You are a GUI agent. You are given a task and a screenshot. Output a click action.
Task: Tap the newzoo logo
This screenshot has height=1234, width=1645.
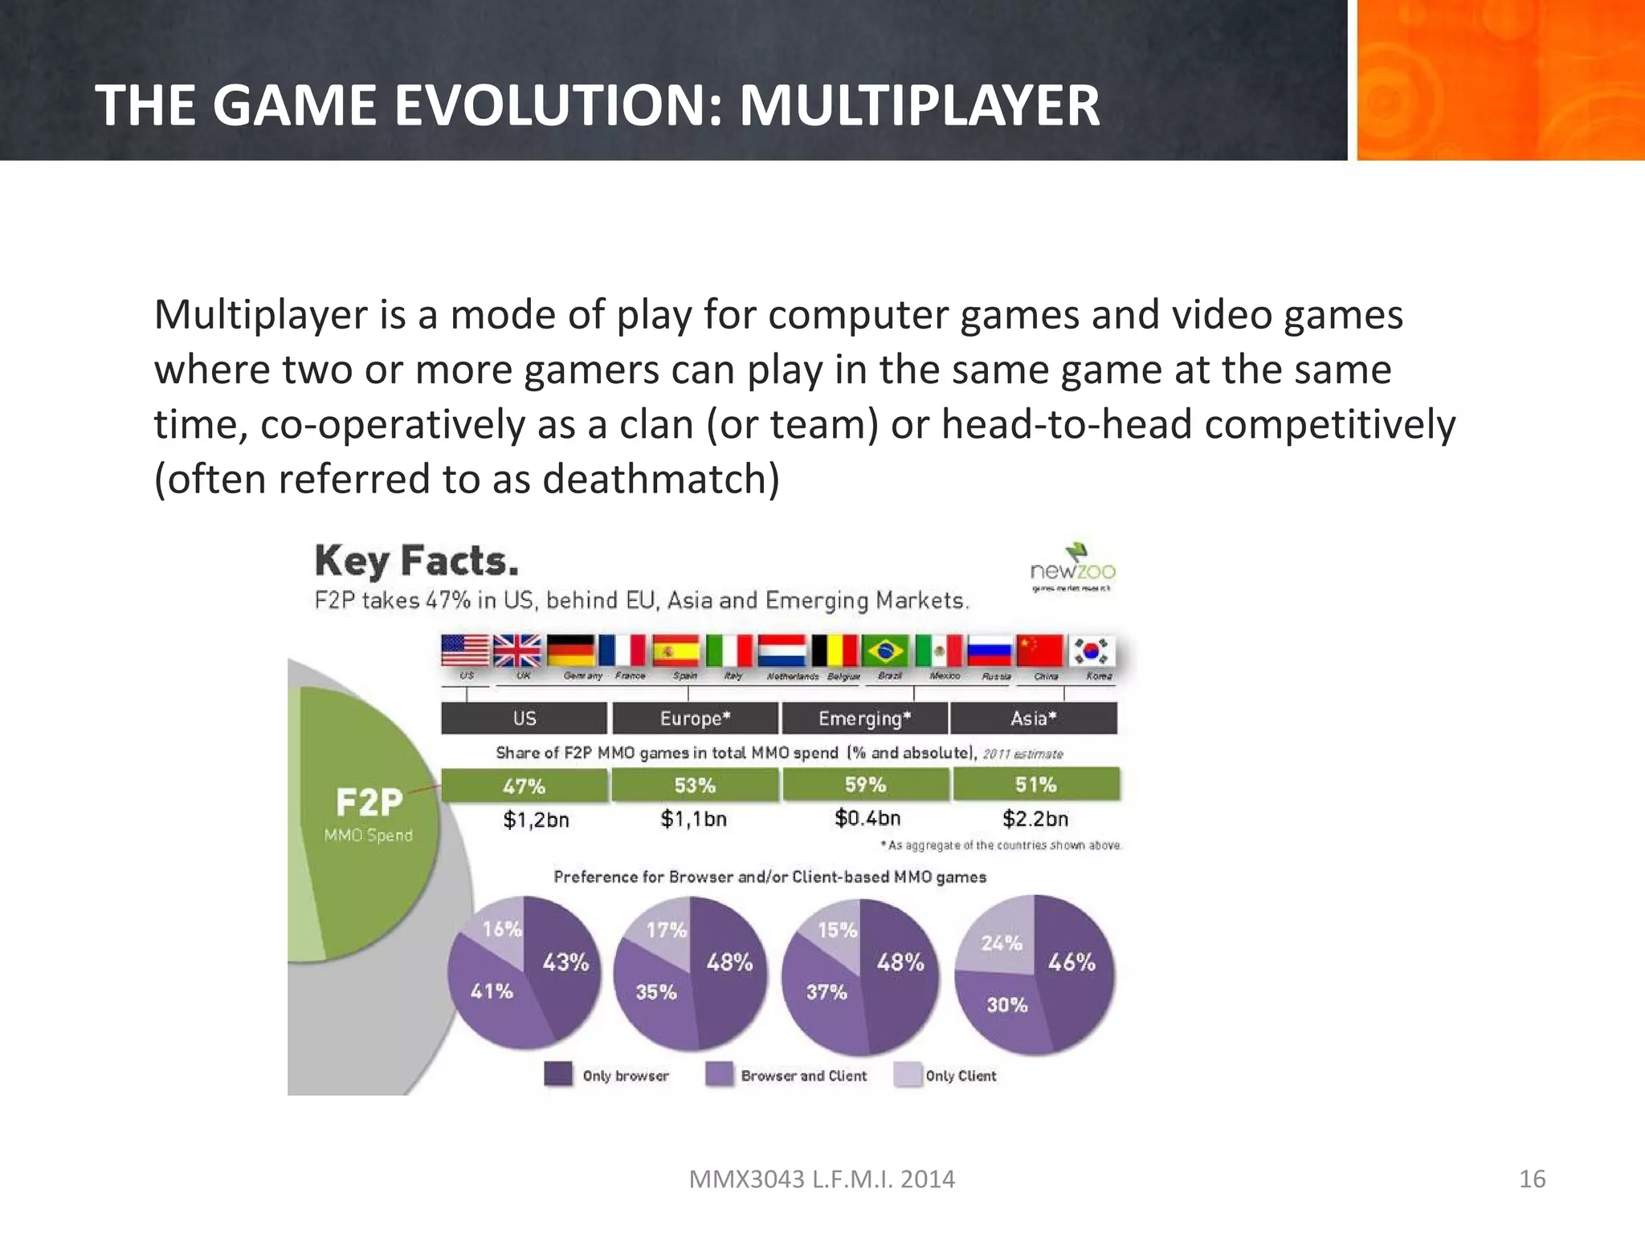click(1073, 567)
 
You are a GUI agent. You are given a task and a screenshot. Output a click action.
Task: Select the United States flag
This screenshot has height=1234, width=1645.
click(465, 650)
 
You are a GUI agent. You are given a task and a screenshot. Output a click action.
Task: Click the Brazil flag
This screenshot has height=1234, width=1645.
click(885, 650)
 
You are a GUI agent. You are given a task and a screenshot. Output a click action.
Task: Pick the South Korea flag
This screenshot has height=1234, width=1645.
click(1091, 650)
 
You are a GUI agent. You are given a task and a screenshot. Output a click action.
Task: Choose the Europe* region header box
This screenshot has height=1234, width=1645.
click(695, 718)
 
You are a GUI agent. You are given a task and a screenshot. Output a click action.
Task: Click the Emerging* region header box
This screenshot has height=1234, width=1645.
click(865, 718)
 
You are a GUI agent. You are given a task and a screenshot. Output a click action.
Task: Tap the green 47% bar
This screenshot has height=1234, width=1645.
click(524, 785)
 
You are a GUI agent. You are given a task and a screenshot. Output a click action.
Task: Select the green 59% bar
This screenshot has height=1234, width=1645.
click(865, 785)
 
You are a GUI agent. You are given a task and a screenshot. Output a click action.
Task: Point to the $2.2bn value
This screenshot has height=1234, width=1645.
click(1035, 819)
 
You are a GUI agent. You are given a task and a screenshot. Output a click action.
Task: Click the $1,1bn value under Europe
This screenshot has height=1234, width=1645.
click(694, 819)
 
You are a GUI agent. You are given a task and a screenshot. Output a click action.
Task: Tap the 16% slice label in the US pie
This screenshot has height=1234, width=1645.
click(502, 929)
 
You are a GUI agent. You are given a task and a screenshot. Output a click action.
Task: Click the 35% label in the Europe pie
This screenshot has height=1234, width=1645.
click(656, 992)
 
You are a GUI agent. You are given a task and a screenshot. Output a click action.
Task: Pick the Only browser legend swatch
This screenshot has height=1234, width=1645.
click(558, 1075)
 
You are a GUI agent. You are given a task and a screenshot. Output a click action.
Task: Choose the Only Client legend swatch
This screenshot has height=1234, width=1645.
click(908, 1075)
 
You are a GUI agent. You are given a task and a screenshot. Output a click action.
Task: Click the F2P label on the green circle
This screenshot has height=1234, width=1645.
click(369, 802)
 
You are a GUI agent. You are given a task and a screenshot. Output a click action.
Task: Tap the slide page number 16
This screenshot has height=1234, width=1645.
click(1533, 1179)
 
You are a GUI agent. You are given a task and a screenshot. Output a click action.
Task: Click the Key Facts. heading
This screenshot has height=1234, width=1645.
click(416, 561)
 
